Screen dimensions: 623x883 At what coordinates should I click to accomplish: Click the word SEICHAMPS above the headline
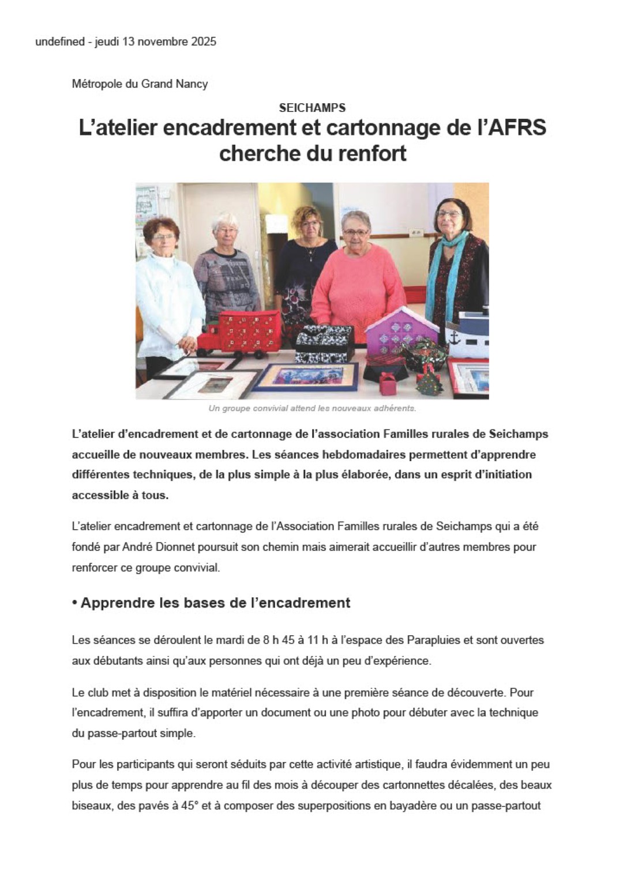tap(312, 108)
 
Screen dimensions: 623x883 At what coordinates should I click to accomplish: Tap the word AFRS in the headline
tap(517, 127)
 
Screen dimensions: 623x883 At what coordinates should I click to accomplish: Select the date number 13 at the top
tap(128, 41)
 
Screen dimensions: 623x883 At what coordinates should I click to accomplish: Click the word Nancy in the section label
tap(192, 84)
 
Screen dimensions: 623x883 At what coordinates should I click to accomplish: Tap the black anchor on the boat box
tap(455, 337)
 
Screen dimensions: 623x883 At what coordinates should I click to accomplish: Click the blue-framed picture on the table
tap(306, 376)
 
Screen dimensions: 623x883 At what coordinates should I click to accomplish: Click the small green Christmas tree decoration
tap(428, 382)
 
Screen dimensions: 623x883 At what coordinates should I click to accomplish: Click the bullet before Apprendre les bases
tap(74, 603)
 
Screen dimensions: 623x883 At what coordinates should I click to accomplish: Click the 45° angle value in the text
tap(187, 806)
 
